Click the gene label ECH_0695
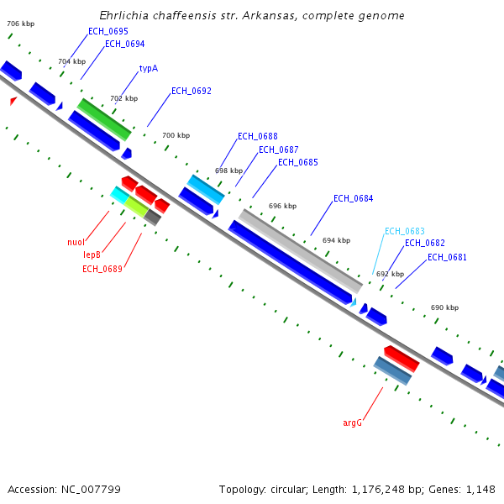tap(108, 31)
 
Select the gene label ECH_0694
tap(124, 44)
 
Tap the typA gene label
tap(148, 69)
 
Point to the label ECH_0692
tap(191, 91)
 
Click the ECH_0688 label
tap(257, 136)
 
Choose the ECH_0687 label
tap(278, 150)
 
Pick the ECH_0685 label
tap(297, 162)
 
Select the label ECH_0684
tap(353, 199)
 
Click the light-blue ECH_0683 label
tap(404, 231)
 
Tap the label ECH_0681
tap(447, 257)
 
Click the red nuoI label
tap(76, 243)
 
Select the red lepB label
tap(92, 255)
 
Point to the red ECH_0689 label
tap(102, 269)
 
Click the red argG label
tap(352, 423)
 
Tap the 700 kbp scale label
tap(176, 135)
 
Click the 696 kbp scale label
tap(282, 206)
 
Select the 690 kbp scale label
tap(444, 307)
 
